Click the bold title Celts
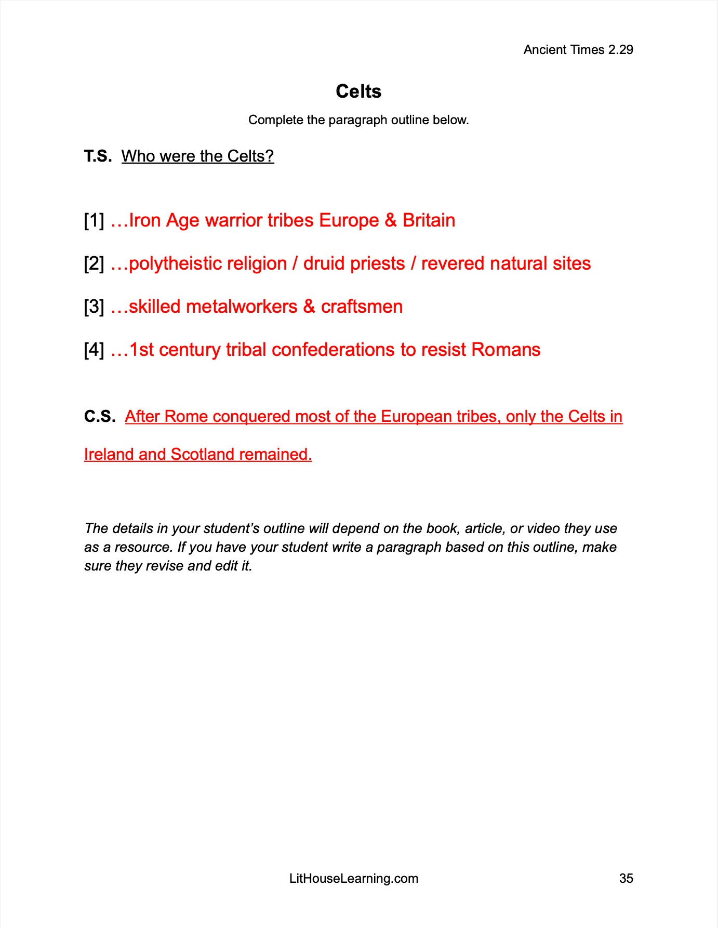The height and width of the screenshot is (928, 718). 358,91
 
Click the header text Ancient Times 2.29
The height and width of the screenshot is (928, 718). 578,50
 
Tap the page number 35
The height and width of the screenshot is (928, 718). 626,878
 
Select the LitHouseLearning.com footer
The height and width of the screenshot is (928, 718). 353,878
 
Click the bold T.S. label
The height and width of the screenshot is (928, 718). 98,156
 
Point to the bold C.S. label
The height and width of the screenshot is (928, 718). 99,416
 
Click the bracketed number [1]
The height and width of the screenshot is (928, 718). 94,220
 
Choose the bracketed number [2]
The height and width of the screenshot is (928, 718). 94,263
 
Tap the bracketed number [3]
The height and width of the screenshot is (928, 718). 94,307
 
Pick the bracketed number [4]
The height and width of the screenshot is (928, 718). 94,350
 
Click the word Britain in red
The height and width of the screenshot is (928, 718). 429,220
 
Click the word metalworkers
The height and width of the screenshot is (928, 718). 241,307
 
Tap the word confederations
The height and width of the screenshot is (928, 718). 334,350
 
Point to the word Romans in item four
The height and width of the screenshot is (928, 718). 506,350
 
